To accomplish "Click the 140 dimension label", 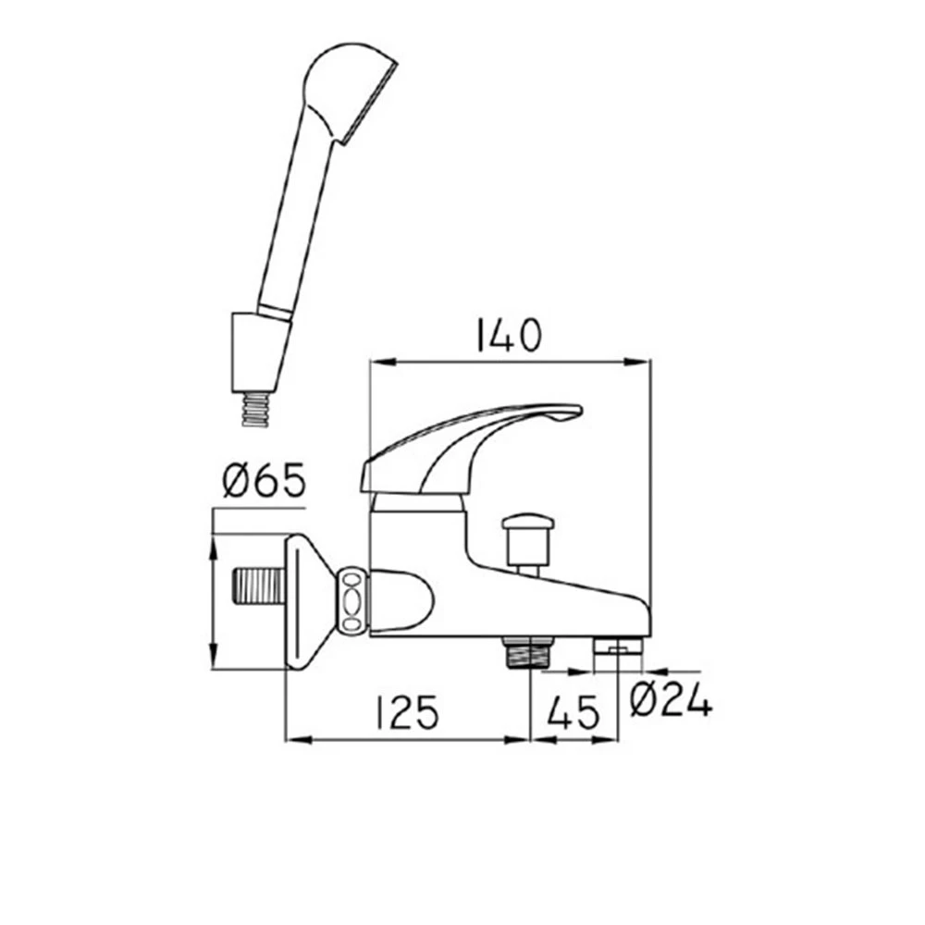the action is tap(508, 335).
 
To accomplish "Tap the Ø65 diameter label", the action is tap(265, 480).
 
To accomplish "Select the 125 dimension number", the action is tap(407, 712).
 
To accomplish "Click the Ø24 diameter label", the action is tap(672, 699).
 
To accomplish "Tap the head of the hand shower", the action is tap(348, 92).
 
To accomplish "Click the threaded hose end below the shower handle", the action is tap(256, 409).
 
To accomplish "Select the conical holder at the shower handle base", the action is tap(260, 352).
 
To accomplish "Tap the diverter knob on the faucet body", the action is tap(528, 540).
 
